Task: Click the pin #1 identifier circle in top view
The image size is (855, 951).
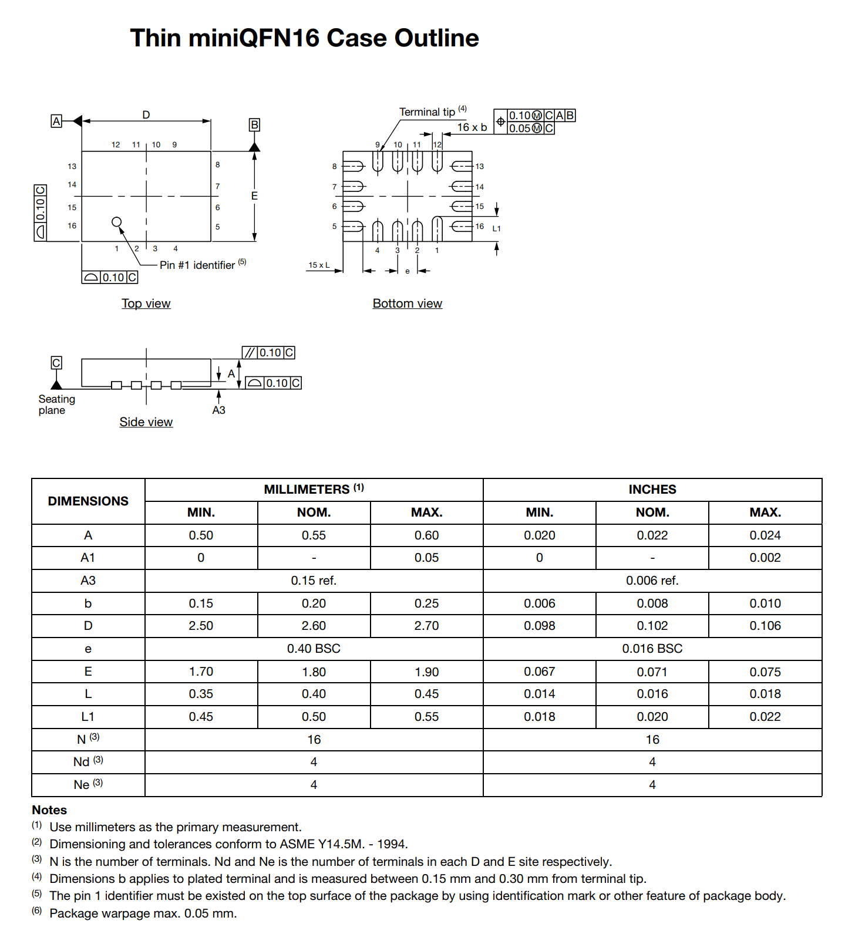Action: pos(117,222)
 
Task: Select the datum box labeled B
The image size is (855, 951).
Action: pos(254,124)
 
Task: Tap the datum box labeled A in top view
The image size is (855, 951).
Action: pos(56,122)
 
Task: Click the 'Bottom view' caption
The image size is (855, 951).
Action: pos(407,303)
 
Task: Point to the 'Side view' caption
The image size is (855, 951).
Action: pos(146,422)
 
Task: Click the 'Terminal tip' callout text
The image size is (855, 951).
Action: pos(427,112)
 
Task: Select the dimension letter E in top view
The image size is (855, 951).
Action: pos(254,195)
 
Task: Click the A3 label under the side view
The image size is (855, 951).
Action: pos(218,410)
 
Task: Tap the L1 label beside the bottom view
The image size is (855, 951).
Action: pos(497,228)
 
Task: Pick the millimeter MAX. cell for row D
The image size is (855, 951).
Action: pos(426,626)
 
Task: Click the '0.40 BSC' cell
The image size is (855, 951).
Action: pos(314,649)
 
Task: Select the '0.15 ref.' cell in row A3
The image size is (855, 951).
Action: pos(314,581)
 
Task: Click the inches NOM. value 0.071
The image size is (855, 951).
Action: pos(652,672)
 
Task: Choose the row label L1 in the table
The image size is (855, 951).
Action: pos(87,717)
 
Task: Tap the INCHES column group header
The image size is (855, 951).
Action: pos(652,490)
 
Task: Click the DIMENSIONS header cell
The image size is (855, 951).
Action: pos(88,501)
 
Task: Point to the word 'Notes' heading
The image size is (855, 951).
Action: pos(49,810)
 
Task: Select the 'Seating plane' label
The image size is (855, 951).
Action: pos(56,404)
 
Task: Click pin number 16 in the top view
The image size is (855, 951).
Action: pos(72,226)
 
